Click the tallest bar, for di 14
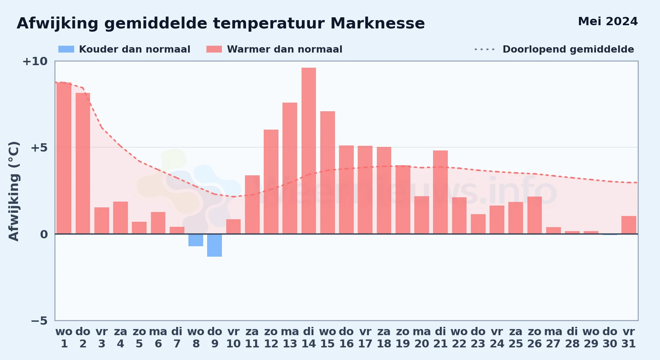pos(309,151)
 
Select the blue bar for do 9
pos(214,245)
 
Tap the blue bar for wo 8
pos(196,240)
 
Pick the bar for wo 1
pos(64,158)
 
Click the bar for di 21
pos(440,192)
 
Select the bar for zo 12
pos(271,182)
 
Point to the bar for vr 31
pos(629,225)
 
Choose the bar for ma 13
pos(290,168)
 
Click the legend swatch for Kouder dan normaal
pos(66,49)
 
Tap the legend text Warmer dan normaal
pos(285,49)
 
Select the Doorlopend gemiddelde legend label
pos(568,49)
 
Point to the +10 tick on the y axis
pos(35,61)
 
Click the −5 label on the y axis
pos(39,320)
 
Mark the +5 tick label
pos(39,148)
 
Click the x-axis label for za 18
pos(384,337)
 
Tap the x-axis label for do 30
pos(610,337)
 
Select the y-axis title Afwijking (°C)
pos(14,191)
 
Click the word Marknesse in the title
pos(378,23)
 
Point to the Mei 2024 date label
pos(608,22)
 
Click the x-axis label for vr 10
pos(233,337)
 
